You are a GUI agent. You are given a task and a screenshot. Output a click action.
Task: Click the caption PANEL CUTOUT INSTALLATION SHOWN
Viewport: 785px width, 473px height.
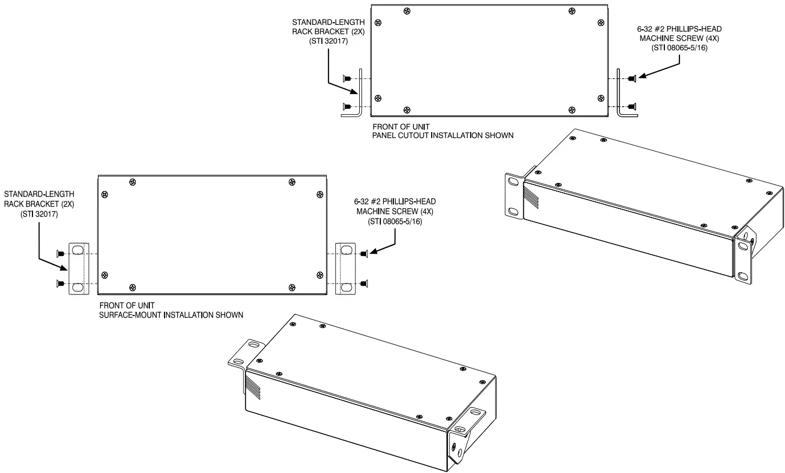point(443,135)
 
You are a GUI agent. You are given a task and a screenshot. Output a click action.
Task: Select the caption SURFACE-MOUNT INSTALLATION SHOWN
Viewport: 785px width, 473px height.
point(171,314)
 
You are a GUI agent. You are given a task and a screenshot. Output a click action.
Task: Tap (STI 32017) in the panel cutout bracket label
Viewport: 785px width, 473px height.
point(328,41)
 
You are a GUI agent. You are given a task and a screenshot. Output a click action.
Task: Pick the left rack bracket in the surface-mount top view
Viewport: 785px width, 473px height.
point(78,269)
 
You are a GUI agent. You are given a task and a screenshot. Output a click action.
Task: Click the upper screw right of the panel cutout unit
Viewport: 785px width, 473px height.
point(632,78)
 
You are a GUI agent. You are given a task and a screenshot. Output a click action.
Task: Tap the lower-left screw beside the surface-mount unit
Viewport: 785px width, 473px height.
point(61,283)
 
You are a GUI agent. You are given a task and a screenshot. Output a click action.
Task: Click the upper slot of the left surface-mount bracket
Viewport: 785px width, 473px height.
point(78,250)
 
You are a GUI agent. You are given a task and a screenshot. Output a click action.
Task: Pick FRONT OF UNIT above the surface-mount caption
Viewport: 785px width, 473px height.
point(127,305)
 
